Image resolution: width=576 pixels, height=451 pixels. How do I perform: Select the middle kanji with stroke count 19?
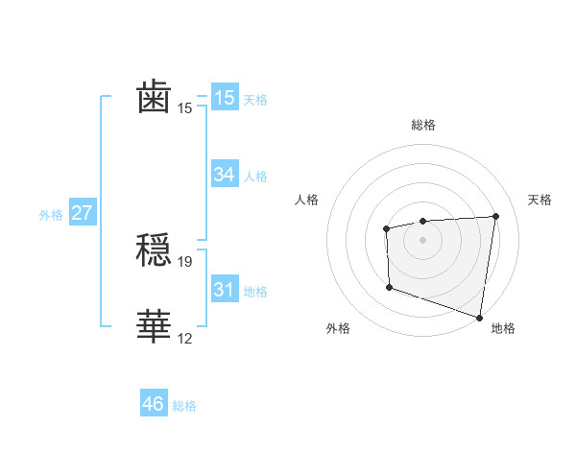click(x=154, y=251)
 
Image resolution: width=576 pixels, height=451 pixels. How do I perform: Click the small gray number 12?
click(x=186, y=339)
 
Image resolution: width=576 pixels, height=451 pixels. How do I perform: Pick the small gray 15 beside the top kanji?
click(x=186, y=108)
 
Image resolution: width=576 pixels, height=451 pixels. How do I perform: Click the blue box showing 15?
click(x=224, y=98)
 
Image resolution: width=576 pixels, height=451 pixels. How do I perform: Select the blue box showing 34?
click(x=224, y=175)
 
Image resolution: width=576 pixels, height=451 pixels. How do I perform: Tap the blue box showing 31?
click(x=224, y=290)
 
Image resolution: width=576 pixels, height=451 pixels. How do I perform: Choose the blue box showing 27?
click(x=82, y=213)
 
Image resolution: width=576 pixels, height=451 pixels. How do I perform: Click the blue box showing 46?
click(x=154, y=404)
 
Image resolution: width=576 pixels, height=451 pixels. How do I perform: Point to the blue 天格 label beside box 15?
click(x=255, y=99)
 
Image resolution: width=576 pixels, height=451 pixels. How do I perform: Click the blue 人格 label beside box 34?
click(x=255, y=176)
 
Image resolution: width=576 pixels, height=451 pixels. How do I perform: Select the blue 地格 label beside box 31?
click(x=255, y=291)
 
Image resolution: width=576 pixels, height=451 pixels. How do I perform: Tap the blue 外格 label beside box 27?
click(x=51, y=214)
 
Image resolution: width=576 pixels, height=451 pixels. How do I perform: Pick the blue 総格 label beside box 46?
click(x=184, y=405)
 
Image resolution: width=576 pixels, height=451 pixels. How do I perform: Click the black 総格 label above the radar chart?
click(x=422, y=125)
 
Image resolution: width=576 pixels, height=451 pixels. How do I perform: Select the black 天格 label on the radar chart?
click(x=540, y=200)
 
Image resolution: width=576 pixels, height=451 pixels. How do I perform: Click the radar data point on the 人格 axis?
click(x=386, y=228)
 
